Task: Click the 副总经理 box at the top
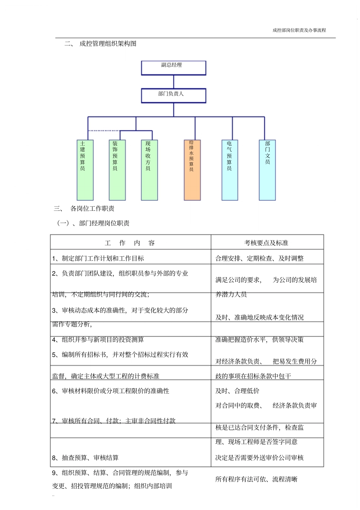coord(174,68)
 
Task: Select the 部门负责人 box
coord(174,96)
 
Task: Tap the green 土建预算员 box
coord(85,170)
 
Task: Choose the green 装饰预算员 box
coord(117,170)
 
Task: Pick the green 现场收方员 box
coord(149,170)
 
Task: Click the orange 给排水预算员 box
coord(192,170)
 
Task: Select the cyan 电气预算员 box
coord(230,170)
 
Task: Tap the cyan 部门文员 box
coord(268,170)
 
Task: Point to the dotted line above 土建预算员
coord(104,131)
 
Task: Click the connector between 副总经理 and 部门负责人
coord(174,82)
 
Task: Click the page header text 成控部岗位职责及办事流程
coord(299,30)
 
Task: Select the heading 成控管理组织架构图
coord(108,44)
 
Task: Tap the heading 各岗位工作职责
coord(92,209)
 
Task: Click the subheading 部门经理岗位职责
coord(104,223)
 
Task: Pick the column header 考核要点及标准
coord(266,243)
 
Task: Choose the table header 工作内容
coord(130,243)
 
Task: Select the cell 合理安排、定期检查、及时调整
coord(260,259)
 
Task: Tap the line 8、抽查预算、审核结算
coord(85,458)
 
